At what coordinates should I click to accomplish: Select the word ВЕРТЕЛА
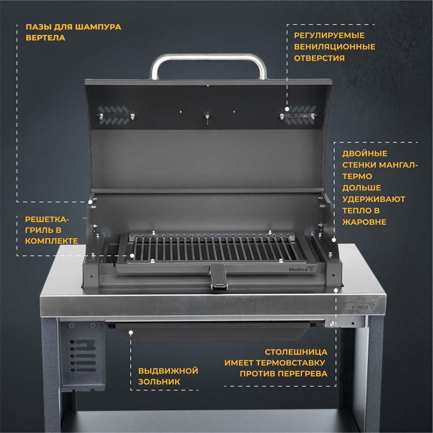(x=45, y=38)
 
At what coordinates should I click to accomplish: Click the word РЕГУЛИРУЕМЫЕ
(x=329, y=36)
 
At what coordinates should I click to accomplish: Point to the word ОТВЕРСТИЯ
(x=319, y=58)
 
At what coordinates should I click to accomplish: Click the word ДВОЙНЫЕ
(x=365, y=154)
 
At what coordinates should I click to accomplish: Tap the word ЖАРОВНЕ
(x=364, y=222)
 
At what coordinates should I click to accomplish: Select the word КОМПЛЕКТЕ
(x=52, y=241)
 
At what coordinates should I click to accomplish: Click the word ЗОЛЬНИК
(x=159, y=381)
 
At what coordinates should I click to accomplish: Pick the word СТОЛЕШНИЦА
(x=296, y=352)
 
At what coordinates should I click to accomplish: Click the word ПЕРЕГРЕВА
(x=303, y=374)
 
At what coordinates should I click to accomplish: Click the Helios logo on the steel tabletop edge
(x=361, y=305)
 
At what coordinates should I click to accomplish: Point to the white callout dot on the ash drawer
(x=131, y=333)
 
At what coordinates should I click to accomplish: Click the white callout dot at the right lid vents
(x=287, y=109)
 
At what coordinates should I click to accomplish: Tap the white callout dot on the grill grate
(x=132, y=256)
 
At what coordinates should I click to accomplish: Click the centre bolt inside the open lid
(x=207, y=118)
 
